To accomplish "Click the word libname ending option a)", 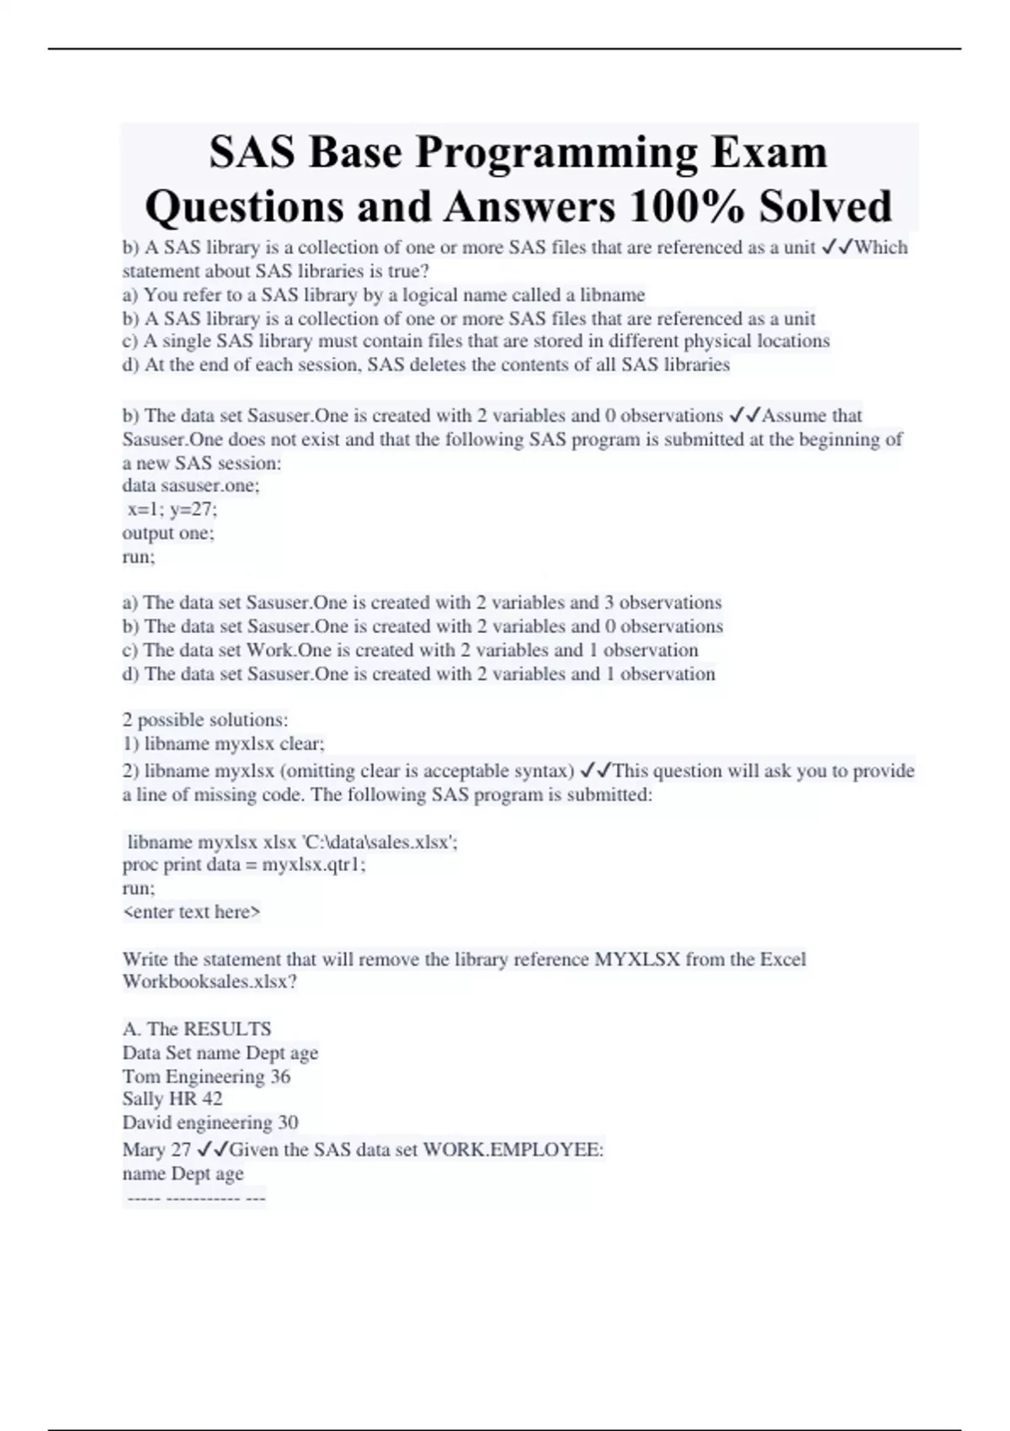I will pos(612,295).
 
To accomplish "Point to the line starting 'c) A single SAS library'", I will pos(476,341).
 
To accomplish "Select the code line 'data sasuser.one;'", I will pos(191,486).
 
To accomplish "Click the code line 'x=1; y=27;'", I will pos(172,509).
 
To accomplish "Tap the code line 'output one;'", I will pos(168,533).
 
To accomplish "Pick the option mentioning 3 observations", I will pos(422,603).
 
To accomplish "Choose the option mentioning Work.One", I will pos(410,650).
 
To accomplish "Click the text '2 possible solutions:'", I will pos(205,720).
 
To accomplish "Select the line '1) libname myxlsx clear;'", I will pos(224,744).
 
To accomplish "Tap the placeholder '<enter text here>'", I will pos(192,912).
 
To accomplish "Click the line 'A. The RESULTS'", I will pos(197,1029).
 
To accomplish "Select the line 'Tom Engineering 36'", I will pos(206,1077).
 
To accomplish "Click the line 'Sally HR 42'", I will pos(173,1099).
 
